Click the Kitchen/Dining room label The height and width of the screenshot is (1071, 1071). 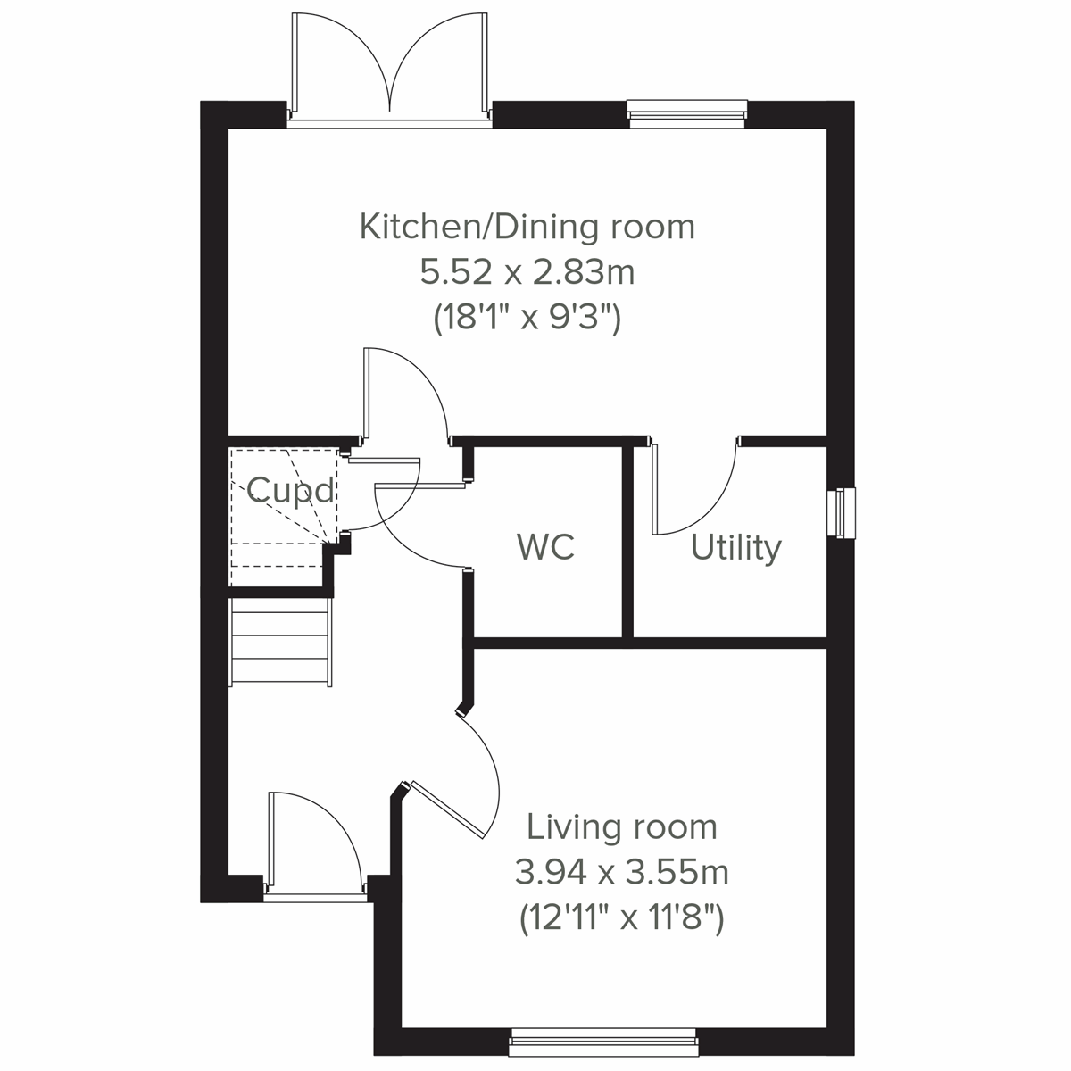click(x=527, y=227)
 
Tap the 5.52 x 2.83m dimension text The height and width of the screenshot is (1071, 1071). click(x=527, y=272)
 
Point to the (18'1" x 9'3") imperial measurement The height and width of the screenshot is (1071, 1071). click(x=527, y=318)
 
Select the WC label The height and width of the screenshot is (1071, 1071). click(x=545, y=546)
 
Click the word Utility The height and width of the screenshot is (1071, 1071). click(x=735, y=547)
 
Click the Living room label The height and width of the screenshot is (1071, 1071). click(x=621, y=827)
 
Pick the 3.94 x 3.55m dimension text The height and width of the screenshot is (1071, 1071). click(x=621, y=872)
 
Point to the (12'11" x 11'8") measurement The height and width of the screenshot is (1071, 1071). click(x=621, y=917)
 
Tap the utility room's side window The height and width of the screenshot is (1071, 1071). click(x=841, y=513)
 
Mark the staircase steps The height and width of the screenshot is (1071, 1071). click(x=280, y=641)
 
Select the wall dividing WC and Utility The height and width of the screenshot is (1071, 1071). click(x=627, y=541)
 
